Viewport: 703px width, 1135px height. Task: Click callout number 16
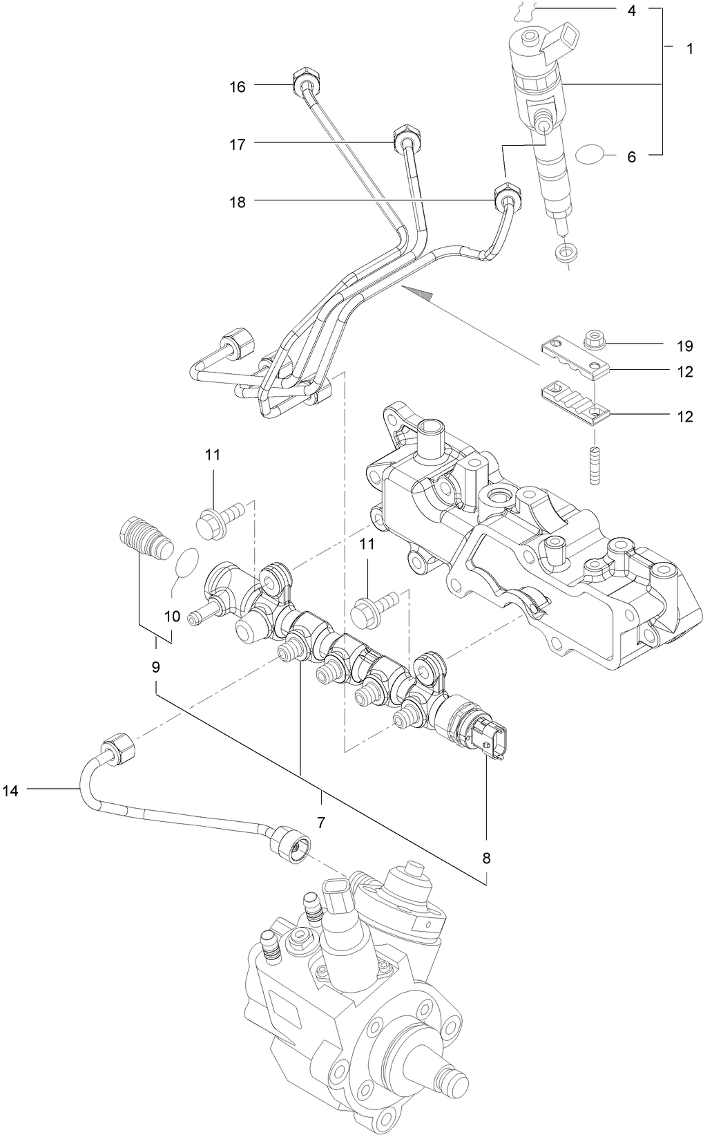pos(238,87)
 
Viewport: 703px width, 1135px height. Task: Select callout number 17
pos(238,145)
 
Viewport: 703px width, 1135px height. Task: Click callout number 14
pos(10,791)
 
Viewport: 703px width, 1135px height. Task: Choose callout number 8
pos(487,858)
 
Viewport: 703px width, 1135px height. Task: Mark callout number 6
pos(631,157)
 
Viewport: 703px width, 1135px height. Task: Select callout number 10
pos(173,616)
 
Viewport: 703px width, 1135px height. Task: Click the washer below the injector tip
pos(567,252)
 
